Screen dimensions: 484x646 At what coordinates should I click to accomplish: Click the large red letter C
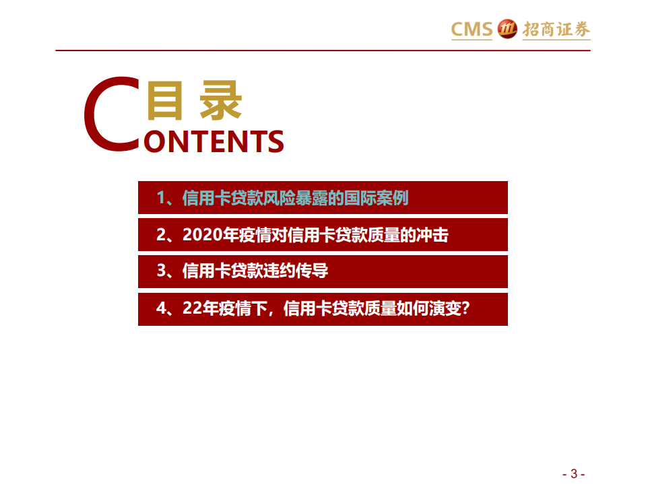[x=112, y=114]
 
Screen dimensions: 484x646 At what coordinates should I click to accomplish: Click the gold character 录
[x=220, y=102]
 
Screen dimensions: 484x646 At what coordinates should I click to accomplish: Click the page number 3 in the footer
[x=573, y=473]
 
